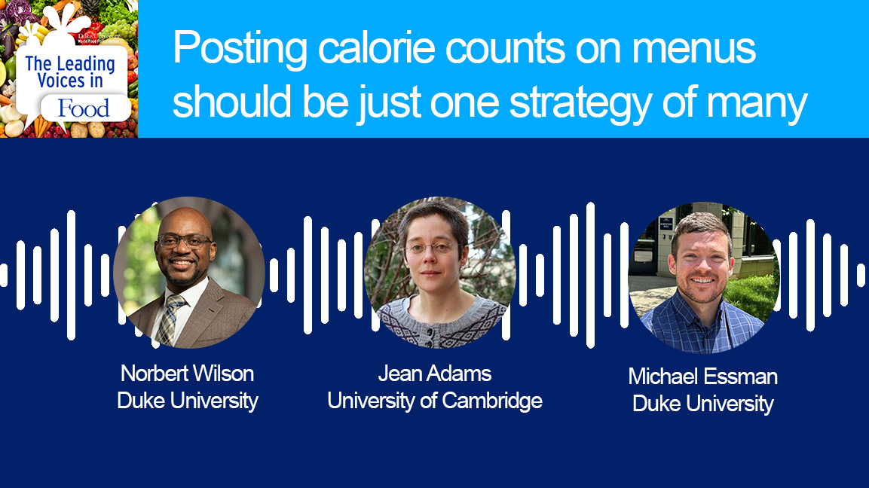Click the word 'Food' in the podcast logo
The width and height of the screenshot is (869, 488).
click(x=84, y=108)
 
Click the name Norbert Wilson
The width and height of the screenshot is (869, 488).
click(x=188, y=374)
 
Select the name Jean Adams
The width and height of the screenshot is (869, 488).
click(x=435, y=374)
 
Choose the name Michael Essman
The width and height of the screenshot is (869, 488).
click(x=703, y=377)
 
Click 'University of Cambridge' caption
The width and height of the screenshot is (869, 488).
click(x=435, y=401)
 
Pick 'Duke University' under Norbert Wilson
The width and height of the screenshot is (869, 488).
click(x=188, y=401)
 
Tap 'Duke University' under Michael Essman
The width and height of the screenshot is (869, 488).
click(x=703, y=404)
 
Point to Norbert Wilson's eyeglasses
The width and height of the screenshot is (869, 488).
click(x=184, y=241)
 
